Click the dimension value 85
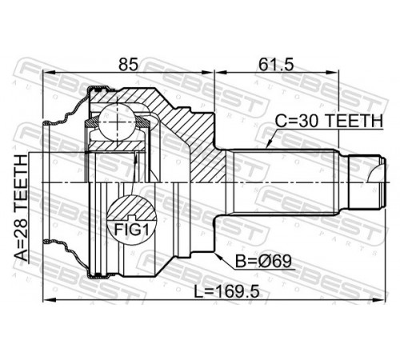click(x=129, y=65)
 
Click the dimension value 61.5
click(x=276, y=65)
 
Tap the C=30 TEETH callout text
click(x=329, y=121)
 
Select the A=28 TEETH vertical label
click(x=21, y=208)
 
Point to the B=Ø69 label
click(x=263, y=262)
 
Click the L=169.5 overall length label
click(x=226, y=291)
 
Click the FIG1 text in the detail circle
click(x=131, y=230)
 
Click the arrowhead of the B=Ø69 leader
click(x=218, y=256)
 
